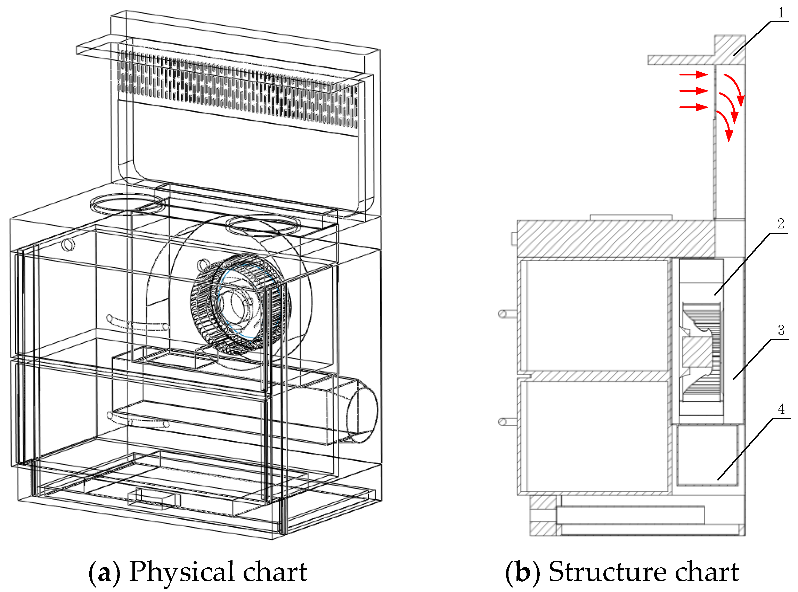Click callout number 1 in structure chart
[781, 14]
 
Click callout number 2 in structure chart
[781, 224]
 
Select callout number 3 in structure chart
[781, 330]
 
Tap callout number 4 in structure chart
[781, 409]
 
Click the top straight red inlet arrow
[694, 74]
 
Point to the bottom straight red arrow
[694, 107]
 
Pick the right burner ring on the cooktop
[263, 225]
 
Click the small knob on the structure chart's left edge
[514, 239]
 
